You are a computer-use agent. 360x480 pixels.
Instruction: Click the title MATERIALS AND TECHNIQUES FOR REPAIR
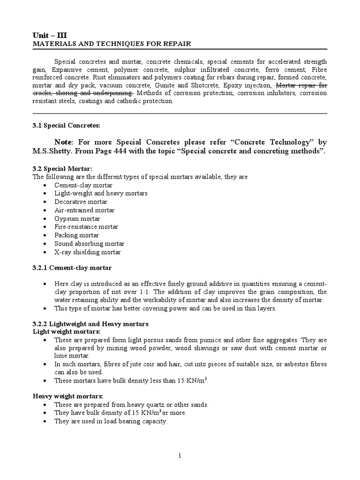pos(112,44)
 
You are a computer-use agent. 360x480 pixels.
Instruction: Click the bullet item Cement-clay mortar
pos(83,185)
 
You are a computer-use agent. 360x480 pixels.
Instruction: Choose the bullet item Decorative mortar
pos(81,202)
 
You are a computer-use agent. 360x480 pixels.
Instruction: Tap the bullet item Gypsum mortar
pos(77,219)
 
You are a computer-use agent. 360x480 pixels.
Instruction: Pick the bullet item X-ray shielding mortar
pos(87,252)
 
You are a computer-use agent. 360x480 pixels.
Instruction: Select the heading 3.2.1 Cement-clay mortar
pos(72,268)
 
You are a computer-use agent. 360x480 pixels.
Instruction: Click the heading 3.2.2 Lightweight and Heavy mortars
pos(90,324)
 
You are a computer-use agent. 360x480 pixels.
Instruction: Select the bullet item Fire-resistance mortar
pos(86,227)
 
